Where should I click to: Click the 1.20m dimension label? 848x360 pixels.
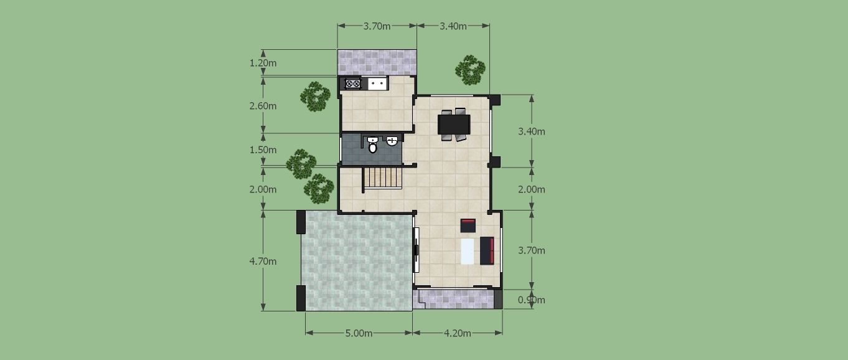pyautogui.click(x=263, y=63)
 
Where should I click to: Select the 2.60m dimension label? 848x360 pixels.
pyautogui.click(x=263, y=106)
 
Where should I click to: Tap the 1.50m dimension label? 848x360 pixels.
pyautogui.click(x=263, y=150)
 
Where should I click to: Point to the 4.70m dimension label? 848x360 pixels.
pyautogui.click(x=263, y=261)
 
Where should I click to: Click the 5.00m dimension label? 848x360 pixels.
pyautogui.click(x=359, y=333)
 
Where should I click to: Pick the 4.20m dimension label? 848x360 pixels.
pyautogui.click(x=458, y=333)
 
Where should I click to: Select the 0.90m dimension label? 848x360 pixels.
pyautogui.click(x=532, y=300)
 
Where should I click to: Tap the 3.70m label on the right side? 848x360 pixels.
pyautogui.click(x=532, y=250)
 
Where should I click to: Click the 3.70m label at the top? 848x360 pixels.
pyautogui.click(x=377, y=26)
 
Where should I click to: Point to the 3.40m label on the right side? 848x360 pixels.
pyautogui.click(x=532, y=131)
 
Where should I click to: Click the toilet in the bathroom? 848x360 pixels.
pyautogui.click(x=373, y=145)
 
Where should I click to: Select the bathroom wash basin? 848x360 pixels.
pyautogui.click(x=392, y=141)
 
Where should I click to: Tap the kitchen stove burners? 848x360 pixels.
pyautogui.click(x=353, y=83)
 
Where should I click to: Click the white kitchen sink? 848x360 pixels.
pyautogui.click(x=377, y=83)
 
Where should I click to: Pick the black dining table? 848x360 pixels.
pyautogui.click(x=454, y=125)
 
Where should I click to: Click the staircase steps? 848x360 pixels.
pyautogui.click(x=382, y=178)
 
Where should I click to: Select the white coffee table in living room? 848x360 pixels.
pyautogui.click(x=468, y=251)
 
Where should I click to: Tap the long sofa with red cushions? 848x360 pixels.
pyautogui.click(x=487, y=250)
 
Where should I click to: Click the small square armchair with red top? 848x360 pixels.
pyautogui.click(x=468, y=225)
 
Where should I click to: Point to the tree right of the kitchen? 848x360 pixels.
pyautogui.click(x=470, y=70)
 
